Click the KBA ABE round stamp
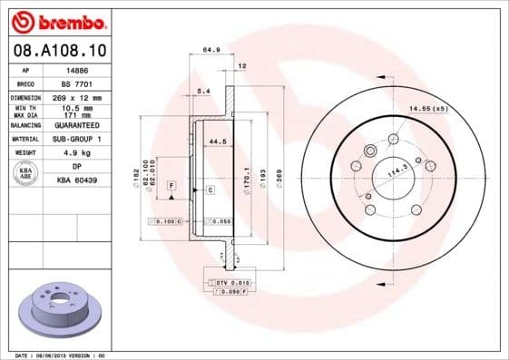point(26,173)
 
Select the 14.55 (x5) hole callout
point(428,109)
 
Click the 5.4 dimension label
point(203,92)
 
